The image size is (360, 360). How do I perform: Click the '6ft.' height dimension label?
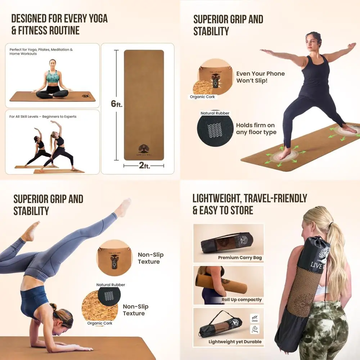(x=116, y=104)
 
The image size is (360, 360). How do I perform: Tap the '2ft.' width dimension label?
(x=144, y=166)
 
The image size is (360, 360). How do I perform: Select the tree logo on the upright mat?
(x=144, y=148)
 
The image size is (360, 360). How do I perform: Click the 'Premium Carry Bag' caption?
(x=240, y=258)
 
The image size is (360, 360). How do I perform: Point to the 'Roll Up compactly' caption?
(x=242, y=300)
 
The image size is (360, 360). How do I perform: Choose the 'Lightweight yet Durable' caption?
(x=235, y=342)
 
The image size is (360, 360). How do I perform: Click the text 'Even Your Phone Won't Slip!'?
(x=260, y=77)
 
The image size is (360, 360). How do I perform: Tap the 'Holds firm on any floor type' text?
(x=256, y=129)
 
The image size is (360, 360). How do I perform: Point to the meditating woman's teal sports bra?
(x=53, y=76)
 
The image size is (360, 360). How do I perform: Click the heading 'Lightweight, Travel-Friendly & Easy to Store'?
(x=249, y=204)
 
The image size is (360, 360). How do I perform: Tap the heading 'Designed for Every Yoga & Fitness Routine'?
(x=59, y=24)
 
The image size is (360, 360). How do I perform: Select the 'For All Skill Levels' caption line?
(x=43, y=117)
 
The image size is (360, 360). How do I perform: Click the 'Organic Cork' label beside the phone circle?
(x=202, y=97)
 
